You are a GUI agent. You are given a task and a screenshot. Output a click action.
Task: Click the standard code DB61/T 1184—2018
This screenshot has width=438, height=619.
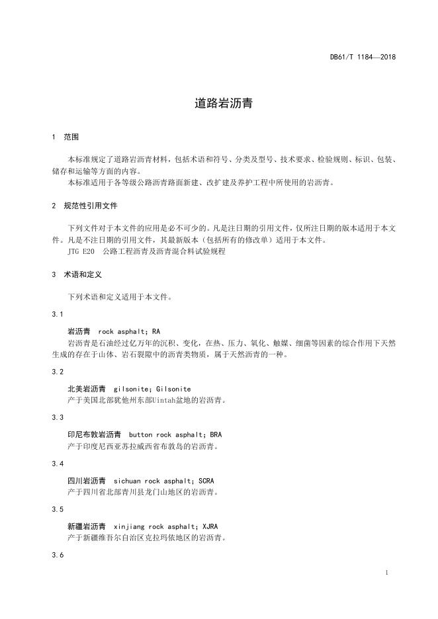pyautogui.click(x=363, y=57)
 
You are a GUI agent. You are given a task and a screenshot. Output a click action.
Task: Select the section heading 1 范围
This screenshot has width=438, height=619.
pyautogui.click(x=65, y=137)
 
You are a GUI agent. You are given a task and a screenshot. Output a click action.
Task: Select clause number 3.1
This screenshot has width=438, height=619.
pyautogui.click(x=58, y=313)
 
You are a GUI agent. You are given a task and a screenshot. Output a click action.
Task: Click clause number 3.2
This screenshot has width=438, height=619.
pyautogui.click(x=58, y=372)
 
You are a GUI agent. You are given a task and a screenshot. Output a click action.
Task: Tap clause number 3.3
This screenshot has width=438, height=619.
pyautogui.click(x=58, y=418)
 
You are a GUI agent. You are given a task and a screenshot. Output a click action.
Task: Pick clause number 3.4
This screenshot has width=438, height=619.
pyautogui.click(x=58, y=464)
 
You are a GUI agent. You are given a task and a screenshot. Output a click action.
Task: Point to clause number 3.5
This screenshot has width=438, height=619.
pyautogui.click(x=58, y=510)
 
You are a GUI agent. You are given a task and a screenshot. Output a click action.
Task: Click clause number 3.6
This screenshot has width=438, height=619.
pyautogui.click(x=58, y=556)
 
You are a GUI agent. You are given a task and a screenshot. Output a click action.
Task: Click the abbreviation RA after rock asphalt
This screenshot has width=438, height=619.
pyautogui.click(x=156, y=330)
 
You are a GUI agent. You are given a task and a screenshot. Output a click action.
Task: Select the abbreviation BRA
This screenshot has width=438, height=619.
pyautogui.click(x=216, y=434)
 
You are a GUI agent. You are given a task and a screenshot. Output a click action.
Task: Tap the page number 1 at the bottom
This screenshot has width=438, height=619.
pyautogui.click(x=386, y=573)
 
